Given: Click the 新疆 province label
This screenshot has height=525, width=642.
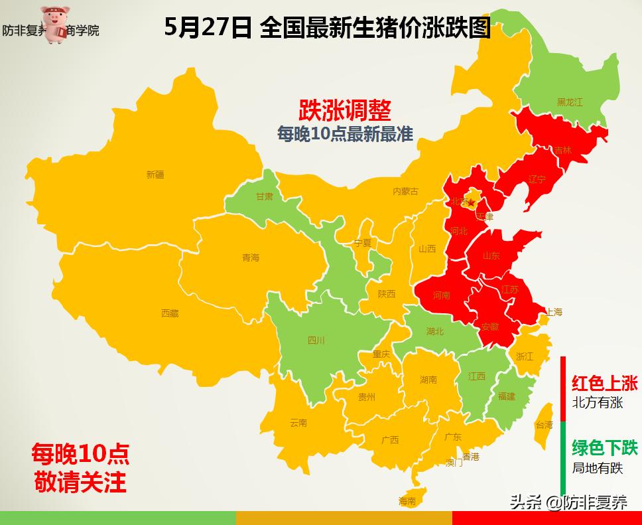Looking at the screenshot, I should click(155, 175).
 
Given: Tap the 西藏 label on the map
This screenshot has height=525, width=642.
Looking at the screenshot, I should click(170, 313).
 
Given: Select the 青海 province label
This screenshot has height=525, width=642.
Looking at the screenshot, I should click(251, 258).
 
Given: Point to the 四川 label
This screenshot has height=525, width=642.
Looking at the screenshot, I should click(316, 340).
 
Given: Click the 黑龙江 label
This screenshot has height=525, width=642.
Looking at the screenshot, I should click(569, 102).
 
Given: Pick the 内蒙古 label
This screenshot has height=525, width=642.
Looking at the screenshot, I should click(405, 191).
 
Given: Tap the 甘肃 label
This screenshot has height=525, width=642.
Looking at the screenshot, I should click(265, 196).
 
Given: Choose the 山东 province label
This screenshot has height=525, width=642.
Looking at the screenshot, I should click(491, 256).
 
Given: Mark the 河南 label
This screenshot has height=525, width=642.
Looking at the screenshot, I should click(441, 295).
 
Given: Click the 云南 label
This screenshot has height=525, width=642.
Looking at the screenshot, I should click(298, 423).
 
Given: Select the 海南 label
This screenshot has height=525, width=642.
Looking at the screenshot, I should click(407, 501).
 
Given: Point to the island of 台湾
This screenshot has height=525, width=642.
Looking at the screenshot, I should click(544, 425).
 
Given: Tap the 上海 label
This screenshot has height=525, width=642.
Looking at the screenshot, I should click(554, 312).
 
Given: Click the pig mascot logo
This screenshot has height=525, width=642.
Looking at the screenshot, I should click(58, 25).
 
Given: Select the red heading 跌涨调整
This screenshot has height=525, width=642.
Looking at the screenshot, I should click(345, 109).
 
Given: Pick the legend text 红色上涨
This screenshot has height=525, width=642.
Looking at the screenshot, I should click(604, 383).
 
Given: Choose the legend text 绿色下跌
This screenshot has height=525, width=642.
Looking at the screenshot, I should click(604, 448).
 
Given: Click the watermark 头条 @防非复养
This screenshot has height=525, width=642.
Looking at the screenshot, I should click(568, 502).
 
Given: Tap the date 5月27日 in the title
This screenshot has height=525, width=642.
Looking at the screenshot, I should click(208, 29).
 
